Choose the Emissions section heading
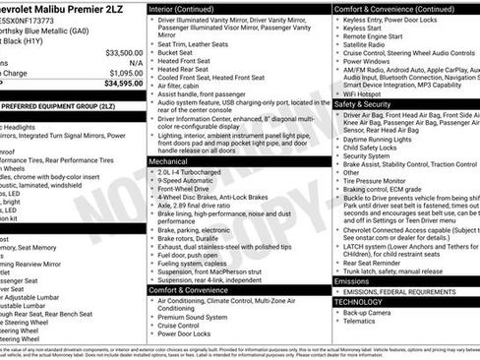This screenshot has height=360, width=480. (353, 280)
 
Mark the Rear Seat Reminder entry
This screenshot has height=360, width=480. (373, 261)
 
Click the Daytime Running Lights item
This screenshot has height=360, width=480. (379, 139)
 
